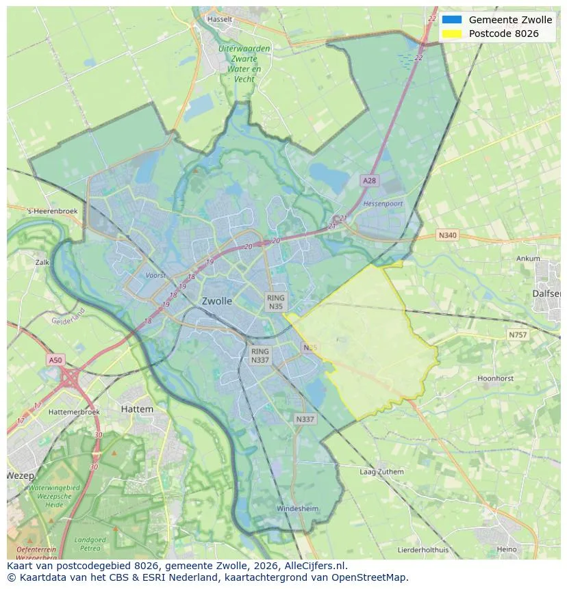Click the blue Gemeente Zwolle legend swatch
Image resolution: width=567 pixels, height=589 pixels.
(452, 20)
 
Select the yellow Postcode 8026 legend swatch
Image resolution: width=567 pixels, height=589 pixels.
(452, 34)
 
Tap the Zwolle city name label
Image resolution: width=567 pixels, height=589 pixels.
(216, 301)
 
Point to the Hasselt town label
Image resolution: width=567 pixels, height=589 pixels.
(219, 19)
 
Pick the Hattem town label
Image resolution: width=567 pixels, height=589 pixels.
(136, 409)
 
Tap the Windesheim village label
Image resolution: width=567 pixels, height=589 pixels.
(297, 509)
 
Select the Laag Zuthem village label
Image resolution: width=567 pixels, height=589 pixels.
(381, 472)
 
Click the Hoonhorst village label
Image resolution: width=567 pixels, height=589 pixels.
(495, 378)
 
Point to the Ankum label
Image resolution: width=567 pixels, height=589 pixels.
(528, 259)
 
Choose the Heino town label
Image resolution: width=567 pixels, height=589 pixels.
(507, 549)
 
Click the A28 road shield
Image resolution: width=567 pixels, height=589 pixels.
(369, 181)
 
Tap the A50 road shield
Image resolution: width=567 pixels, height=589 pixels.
(55, 360)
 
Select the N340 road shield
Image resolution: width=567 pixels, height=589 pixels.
(446, 235)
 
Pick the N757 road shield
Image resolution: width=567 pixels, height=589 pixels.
(518, 335)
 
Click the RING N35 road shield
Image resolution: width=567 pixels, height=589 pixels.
(276, 302)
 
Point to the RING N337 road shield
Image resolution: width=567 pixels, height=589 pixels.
(260, 355)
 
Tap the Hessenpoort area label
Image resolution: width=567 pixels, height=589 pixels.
(383, 204)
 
